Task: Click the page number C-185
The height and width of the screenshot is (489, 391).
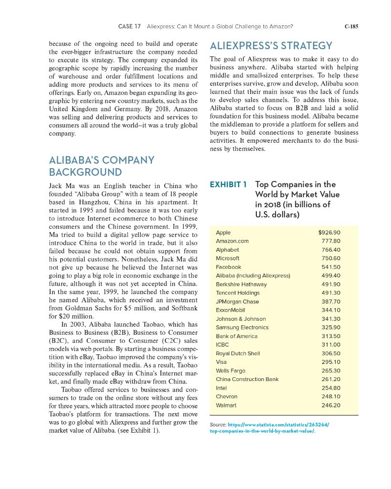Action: [x=351, y=27]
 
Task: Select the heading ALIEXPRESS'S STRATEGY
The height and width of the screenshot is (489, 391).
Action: [x=271, y=46]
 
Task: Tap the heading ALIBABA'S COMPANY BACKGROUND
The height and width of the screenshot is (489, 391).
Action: [x=102, y=166]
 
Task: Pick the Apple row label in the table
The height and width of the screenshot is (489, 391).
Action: [x=223, y=233]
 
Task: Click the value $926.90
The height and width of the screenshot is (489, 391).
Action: [x=329, y=233]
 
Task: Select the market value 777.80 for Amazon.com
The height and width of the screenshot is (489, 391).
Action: [x=331, y=241]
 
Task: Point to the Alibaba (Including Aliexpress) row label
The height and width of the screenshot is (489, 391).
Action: [x=253, y=276]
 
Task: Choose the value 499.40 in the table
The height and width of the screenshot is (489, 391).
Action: [x=331, y=276]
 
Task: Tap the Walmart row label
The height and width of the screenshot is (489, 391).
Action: [x=226, y=405]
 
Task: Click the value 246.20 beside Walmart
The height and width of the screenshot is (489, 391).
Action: [x=331, y=405]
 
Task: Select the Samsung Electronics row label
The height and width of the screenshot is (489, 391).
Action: [x=242, y=327]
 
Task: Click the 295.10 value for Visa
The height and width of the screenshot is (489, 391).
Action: [x=331, y=362]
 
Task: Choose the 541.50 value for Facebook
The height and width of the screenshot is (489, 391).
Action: [x=331, y=267]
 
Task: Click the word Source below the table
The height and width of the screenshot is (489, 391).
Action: [x=218, y=424]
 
